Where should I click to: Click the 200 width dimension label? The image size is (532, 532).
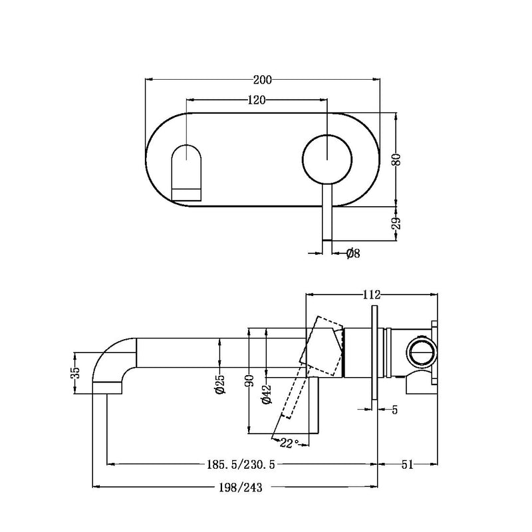(263, 80)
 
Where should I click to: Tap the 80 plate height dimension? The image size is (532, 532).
(396, 160)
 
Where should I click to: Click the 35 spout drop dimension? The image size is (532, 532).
(75, 372)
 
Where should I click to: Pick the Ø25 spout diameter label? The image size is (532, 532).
(220, 384)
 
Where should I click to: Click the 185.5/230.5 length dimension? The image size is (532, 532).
(237, 464)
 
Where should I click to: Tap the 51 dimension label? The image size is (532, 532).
(407, 464)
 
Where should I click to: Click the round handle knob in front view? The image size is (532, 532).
(327, 159)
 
